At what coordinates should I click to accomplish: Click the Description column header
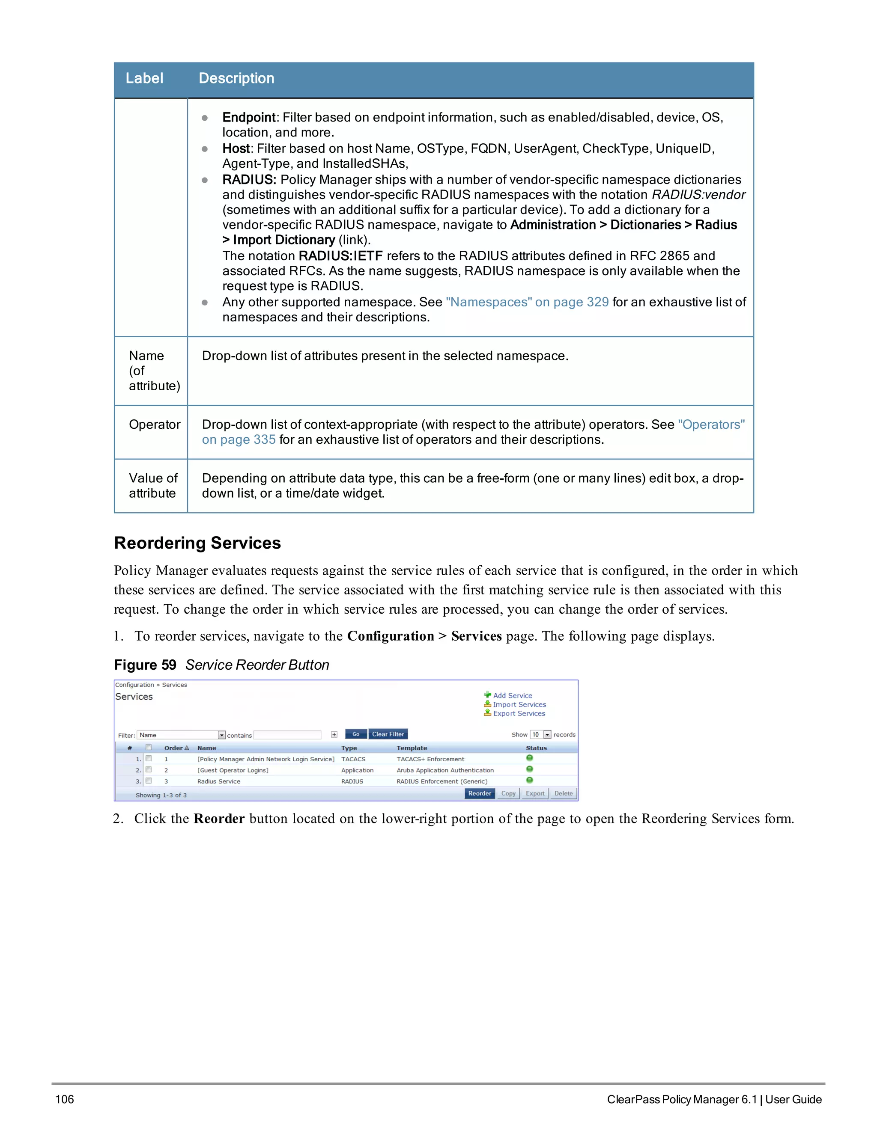pyautogui.click(x=236, y=78)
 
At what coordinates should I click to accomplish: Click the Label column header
pyautogui.click(x=144, y=78)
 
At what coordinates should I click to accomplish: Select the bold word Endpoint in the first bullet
pyautogui.click(x=249, y=117)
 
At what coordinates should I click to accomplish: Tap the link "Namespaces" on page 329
pyautogui.click(x=527, y=302)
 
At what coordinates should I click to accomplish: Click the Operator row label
pyautogui.click(x=154, y=425)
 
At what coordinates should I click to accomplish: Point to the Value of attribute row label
pyautogui.click(x=153, y=486)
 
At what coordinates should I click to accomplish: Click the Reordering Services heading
pyautogui.click(x=197, y=543)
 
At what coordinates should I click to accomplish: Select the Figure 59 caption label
pyautogui.click(x=145, y=665)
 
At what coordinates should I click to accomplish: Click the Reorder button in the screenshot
pyautogui.click(x=479, y=793)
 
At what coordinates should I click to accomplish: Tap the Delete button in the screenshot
pyautogui.click(x=563, y=793)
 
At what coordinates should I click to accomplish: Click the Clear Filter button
pyautogui.click(x=388, y=734)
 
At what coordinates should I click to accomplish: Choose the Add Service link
pyautogui.click(x=512, y=696)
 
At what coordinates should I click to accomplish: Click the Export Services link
pyautogui.click(x=519, y=713)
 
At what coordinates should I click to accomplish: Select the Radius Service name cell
pyautogui.click(x=219, y=781)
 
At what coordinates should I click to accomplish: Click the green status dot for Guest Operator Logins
pyautogui.click(x=529, y=769)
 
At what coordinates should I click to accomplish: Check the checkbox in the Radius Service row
pyautogui.click(x=149, y=781)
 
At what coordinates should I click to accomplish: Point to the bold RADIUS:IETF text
pyautogui.click(x=340, y=256)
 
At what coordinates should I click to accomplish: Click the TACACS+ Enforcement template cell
pyautogui.click(x=430, y=759)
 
